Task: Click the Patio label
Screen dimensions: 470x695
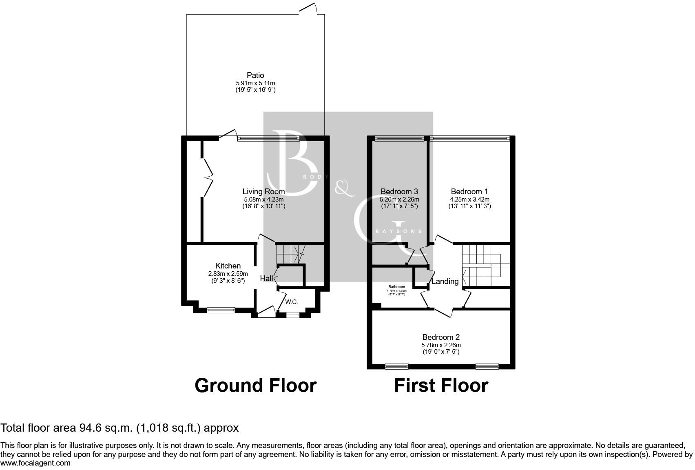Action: tap(255, 75)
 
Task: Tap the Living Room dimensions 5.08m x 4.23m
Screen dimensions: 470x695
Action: tap(263, 200)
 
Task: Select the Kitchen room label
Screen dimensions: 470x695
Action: tap(228, 266)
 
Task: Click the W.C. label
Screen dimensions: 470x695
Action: tap(291, 302)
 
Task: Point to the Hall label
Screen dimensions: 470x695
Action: tap(266, 279)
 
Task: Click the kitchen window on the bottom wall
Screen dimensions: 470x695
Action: tap(221, 310)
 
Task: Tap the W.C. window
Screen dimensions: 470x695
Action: tap(292, 315)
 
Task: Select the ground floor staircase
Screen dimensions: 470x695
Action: tap(290, 254)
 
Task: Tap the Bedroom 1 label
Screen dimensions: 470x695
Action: tap(469, 191)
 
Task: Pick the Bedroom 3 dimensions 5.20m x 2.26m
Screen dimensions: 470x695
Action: tap(399, 200)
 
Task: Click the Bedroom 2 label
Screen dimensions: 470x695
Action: tap(441, 337)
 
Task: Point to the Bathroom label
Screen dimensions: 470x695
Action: tap(396, 287)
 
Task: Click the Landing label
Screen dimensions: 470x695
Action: tap(445, 281)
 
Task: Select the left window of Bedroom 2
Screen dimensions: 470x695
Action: tap(397, 366)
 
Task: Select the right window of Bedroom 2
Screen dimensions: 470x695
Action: tap(487, 366)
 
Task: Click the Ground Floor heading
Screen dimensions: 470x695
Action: tap(255, 386)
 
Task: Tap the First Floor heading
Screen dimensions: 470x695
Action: tap(441, 386)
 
